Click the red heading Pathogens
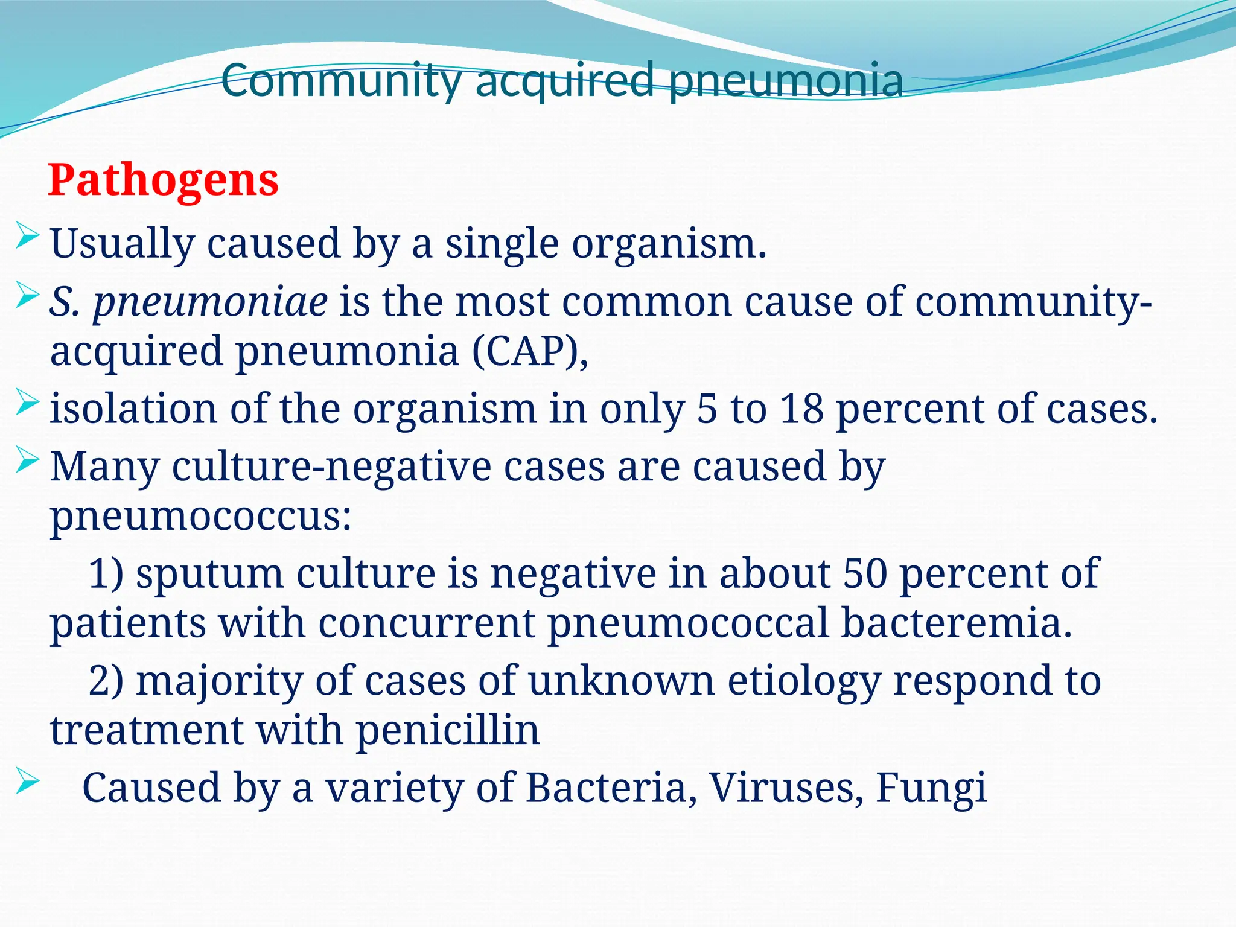163,180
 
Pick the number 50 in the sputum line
865,573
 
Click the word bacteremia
956,623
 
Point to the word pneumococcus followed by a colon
200,517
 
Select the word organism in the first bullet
669,244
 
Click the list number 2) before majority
106,681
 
